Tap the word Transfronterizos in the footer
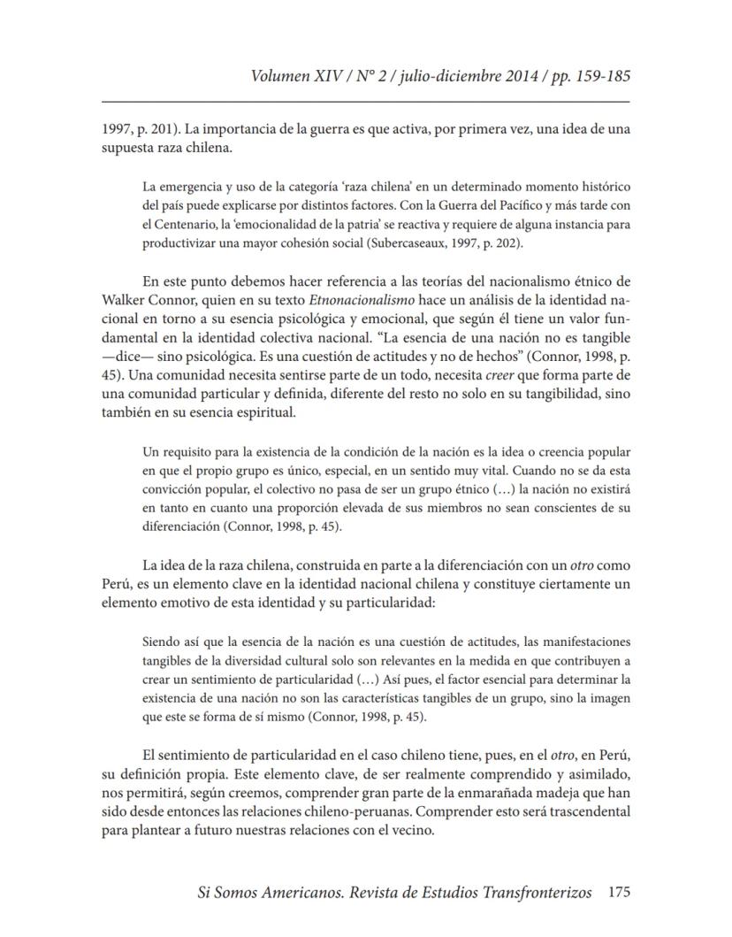[x=525, y=893]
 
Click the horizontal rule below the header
[x=366, y=104]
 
